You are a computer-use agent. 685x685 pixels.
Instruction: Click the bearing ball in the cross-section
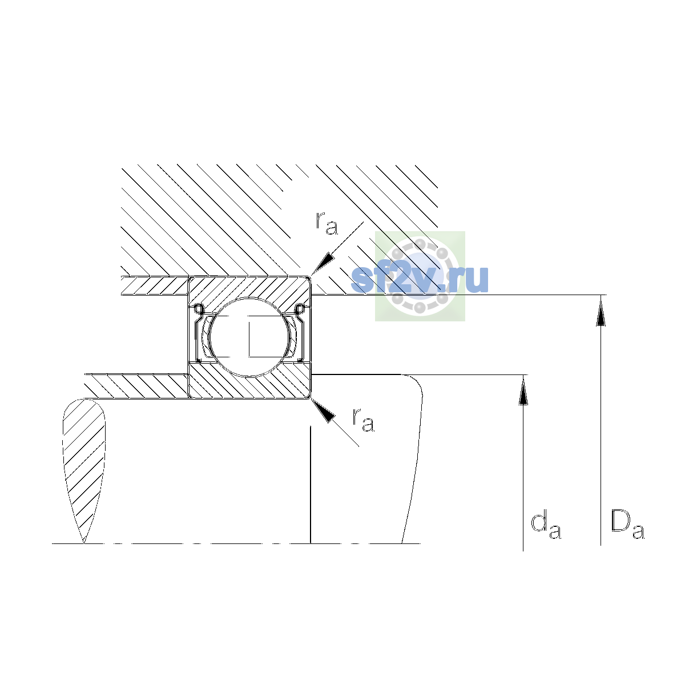[250, 337]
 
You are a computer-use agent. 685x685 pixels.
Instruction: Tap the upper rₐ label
[327, 224]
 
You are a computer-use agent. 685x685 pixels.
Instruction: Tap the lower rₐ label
[363, 420]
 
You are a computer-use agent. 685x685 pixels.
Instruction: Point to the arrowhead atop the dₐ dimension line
[523, 390]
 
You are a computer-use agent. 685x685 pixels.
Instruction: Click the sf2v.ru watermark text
[420, 279]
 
